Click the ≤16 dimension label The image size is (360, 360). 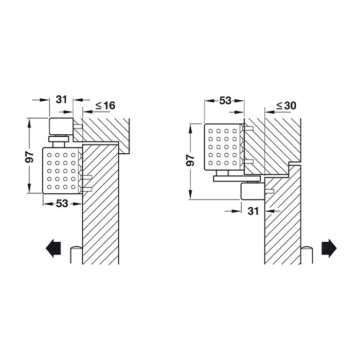tap(105, 105)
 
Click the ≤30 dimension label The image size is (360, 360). tap(286, 105)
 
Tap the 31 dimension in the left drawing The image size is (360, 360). tap(62, 100)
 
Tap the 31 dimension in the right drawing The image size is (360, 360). tap(253, 211)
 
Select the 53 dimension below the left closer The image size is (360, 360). tap(62, 204)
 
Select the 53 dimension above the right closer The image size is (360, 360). tap(225, 101)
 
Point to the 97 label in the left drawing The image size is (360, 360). tap(30, 157)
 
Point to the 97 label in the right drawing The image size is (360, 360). tap(191, 160)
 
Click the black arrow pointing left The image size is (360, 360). tap(53, 248)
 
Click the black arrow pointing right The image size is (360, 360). tap(329, 248)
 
